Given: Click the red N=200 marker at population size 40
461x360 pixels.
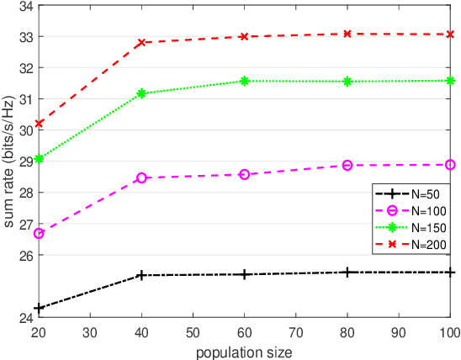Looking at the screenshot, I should coord(141,42).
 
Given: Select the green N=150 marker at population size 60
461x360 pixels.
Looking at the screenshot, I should coord(245,81).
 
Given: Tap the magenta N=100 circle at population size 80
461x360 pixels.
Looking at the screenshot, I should coord(347,165).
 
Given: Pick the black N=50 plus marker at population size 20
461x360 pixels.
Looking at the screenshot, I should coord(39,308).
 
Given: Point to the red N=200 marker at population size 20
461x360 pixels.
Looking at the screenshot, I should coord(39,124).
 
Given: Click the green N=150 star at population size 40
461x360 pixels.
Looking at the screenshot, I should coord(141,93).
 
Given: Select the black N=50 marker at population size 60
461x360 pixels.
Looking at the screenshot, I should coord(245,274).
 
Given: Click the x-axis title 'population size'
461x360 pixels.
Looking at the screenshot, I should coord(244,352).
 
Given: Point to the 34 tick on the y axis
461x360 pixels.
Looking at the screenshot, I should coord(25,6).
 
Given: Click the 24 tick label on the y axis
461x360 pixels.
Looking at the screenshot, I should coord(25,317).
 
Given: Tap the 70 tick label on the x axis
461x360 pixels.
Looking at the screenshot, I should coord(295,333).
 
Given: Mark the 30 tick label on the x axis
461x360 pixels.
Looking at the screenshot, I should coord(90,333).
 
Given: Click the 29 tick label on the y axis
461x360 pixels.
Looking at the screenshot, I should coord(25,161).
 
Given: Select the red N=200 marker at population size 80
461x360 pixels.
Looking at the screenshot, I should coord(347,34).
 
